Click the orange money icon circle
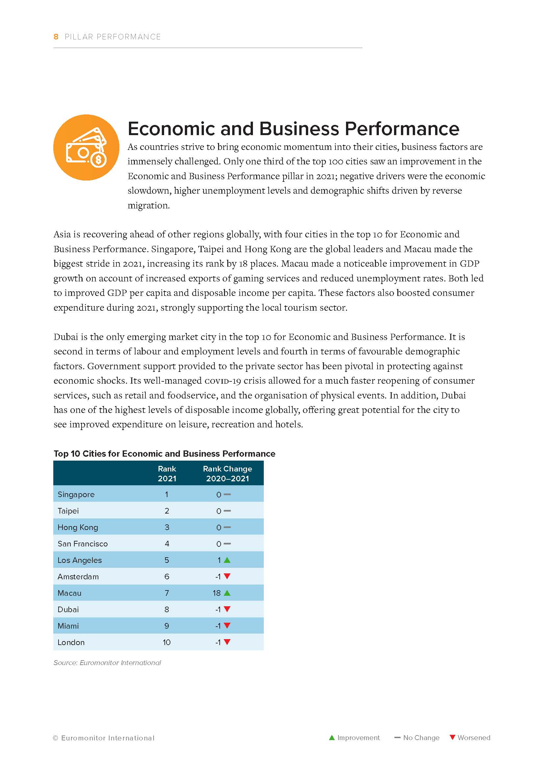pos(86,147)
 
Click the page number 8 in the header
pos(56,37)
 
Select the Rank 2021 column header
pos(167,473)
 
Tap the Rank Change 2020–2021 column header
pos(228,473)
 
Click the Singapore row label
pos(76,494)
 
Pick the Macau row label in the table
pos(69,593)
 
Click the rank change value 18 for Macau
pos(216,593)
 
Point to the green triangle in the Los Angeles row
pos(227,560)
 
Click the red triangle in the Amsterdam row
pos(227,576)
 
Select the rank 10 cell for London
pos(166,642)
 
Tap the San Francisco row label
pos(83,543)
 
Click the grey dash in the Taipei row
pos(227,511)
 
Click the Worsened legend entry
pos(470,737)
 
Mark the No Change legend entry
pos(417,737)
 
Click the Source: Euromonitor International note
pos(107,662)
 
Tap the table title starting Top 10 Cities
pos(164,453)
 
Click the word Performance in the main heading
pos(402,129)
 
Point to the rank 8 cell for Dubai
pos(166,609)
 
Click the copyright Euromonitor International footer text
pos(104,738)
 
